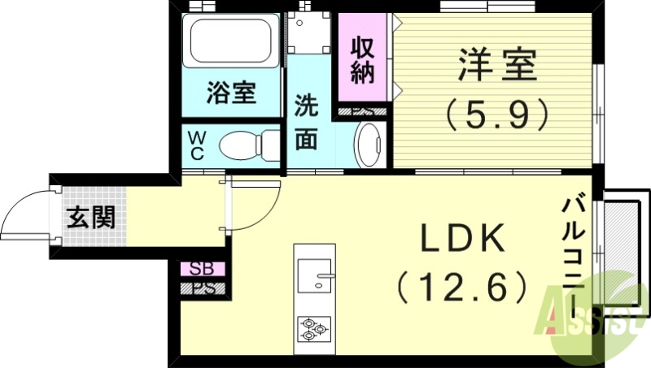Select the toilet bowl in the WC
pos(241,147)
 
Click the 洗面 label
pos(306,122)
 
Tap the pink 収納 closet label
pos(362,60)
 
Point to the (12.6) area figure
pos(461,286)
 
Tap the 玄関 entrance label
pos(90,218)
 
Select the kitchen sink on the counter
pos(315,276)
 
